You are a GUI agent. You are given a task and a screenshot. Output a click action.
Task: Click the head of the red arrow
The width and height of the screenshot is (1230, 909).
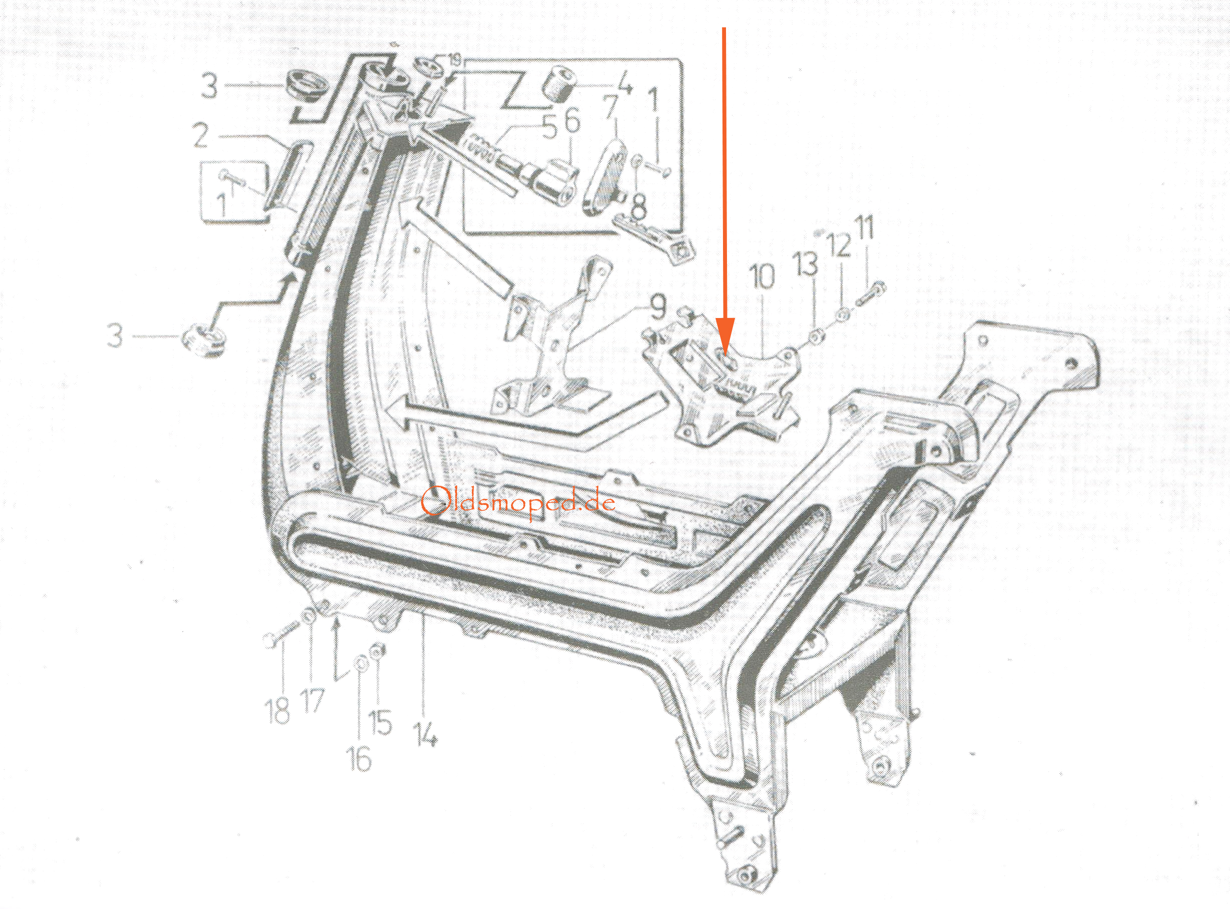tap(725, 336)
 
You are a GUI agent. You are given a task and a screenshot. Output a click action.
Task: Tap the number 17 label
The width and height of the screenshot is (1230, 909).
tap(312, 701)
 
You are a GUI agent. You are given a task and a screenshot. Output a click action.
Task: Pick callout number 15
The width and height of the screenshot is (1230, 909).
tap(380, 723)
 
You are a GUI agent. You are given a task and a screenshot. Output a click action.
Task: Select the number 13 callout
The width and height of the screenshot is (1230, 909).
tap(805, 264)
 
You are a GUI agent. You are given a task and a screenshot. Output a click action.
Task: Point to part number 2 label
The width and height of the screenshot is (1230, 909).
tap(201, 135)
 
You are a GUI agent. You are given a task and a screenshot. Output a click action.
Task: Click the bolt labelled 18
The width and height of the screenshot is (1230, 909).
tap(282, 633)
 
